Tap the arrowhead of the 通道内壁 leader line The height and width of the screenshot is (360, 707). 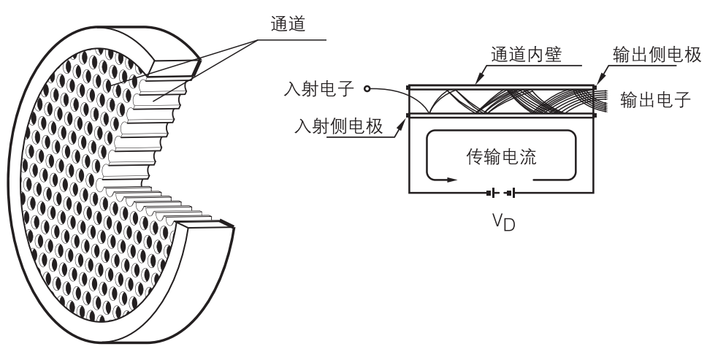point(476,83)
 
